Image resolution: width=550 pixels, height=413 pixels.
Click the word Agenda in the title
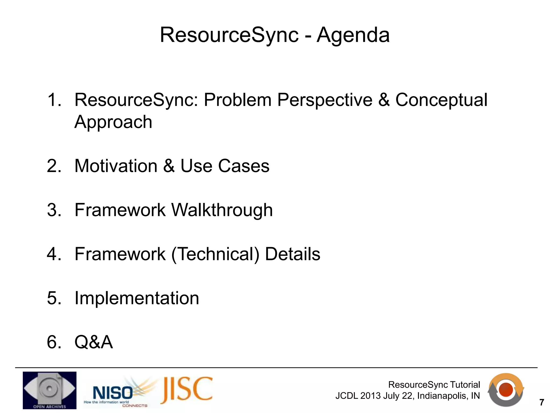coord(353,35)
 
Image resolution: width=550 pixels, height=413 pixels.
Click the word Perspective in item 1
coord(325,100)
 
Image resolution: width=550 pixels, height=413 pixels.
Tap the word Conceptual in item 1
coord(441,100)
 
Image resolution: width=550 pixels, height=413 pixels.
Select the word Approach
coord(113,122)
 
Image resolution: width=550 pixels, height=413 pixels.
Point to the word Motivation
coord(116,166)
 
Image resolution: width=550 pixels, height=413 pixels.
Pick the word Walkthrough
coord(222,210)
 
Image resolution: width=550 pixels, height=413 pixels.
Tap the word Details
coord(292,254)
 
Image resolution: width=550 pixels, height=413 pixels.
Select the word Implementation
coord(137,298)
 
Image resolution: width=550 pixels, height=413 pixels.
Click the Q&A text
coord(93,342)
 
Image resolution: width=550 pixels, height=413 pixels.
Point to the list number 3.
coord(54,210)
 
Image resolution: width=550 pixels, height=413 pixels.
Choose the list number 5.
coord(54,298)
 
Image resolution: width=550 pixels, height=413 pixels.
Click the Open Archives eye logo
coord(49,390)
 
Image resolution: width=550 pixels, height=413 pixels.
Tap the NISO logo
coord(113,393)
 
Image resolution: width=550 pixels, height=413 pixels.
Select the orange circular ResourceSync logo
coord(506,390)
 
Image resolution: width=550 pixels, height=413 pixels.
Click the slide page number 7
coord(542,403)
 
